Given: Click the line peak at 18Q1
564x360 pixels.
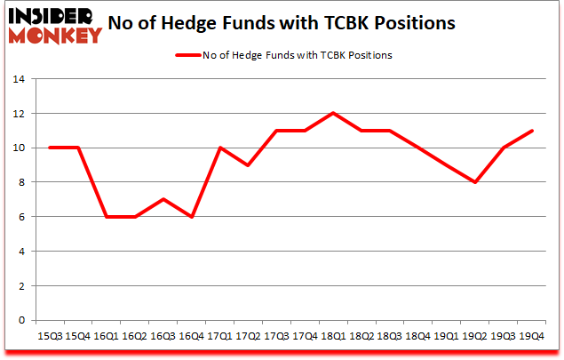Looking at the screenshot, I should (333, 113).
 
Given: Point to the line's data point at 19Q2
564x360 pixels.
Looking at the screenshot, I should (475, 182).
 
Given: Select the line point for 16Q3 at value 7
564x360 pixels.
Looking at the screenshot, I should (163, 199).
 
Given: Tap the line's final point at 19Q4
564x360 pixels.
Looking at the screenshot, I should (531, 131).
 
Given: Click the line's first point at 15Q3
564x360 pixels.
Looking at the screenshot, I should (50, 148).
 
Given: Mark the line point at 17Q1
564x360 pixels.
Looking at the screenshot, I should (219, 148).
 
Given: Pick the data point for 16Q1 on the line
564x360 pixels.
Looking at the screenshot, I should (107, 217).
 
